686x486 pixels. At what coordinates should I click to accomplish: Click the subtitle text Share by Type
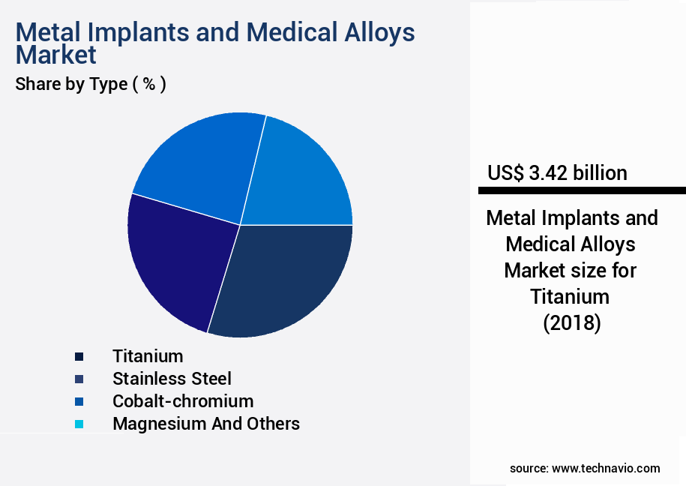pos(71,84)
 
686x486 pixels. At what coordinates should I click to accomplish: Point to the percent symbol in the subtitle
pos(149,84)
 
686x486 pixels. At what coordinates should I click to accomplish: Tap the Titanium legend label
pos(148,355)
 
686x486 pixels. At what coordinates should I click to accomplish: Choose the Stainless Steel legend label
pos(172,378)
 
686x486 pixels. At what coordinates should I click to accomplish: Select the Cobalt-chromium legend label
pos(183,400)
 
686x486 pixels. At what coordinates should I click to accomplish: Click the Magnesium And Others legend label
pos(205,424)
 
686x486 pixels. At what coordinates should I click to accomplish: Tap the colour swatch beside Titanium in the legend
pos(79,356)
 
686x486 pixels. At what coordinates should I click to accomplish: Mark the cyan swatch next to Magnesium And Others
pos(79,424)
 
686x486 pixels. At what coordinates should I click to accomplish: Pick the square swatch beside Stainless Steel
pos(79,379)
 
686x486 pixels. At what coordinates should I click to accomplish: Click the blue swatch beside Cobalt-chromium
pos(79,401)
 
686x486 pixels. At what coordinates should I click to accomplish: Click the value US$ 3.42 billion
pos(557,173)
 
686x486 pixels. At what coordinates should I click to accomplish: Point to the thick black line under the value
pos(577,190)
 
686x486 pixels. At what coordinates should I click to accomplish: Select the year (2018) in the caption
pos(571,322)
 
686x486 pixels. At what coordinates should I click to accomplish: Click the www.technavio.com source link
pos(606,468)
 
